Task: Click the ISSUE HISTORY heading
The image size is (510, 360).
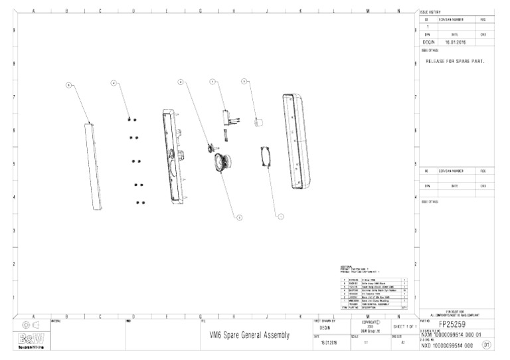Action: [430, 12]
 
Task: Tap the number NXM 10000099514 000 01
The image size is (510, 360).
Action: [454, 335]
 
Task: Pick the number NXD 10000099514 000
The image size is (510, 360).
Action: [450, 345]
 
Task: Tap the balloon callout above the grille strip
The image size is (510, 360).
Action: [70, 85]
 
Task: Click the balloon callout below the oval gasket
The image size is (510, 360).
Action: [280, 216]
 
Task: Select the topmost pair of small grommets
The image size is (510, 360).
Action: [131, 119]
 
